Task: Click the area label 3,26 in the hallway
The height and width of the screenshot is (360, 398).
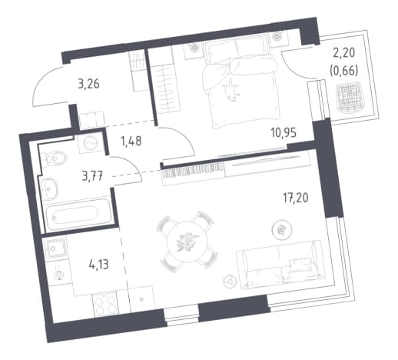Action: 88,84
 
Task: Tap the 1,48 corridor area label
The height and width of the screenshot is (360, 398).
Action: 131,141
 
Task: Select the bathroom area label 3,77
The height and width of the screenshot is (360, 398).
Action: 93,176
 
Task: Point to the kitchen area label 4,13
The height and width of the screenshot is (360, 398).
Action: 99,264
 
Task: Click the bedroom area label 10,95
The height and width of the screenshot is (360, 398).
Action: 284,132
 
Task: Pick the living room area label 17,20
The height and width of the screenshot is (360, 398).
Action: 295,198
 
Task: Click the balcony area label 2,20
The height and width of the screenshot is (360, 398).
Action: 344,53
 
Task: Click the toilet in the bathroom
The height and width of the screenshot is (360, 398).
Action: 55,158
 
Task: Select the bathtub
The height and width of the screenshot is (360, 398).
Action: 77,214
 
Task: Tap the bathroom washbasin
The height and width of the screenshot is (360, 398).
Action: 49,188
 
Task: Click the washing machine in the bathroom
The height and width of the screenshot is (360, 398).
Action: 91,143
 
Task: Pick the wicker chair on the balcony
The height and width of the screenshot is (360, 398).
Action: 350,98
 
